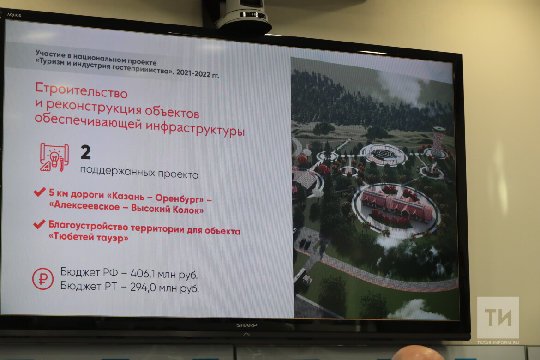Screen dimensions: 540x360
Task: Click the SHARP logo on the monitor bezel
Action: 246,325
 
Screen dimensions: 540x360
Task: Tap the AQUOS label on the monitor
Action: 14,15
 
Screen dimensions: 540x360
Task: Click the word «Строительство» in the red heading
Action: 81,90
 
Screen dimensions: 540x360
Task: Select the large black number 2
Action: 85,152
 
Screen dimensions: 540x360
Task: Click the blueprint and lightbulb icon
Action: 54,157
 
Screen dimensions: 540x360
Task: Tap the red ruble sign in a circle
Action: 43,279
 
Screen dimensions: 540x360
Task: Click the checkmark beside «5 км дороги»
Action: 40,192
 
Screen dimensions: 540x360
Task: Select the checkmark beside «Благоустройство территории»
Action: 39,224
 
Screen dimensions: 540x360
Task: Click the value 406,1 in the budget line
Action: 140,274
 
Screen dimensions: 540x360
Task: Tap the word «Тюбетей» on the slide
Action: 74,236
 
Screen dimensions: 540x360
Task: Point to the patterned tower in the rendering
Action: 438,141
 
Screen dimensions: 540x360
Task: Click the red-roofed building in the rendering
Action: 396,204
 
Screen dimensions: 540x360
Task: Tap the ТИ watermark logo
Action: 498,318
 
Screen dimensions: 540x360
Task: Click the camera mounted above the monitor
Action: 242,16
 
